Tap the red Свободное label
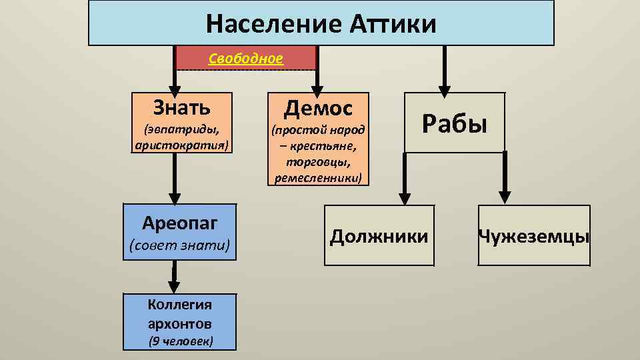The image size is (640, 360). (246, 59)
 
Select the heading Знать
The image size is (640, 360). (181, 106)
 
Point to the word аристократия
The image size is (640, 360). (182, 144)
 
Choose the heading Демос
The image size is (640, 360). (318, 107)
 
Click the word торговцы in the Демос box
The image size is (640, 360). (318, 162)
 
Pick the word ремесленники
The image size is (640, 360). (318, 178)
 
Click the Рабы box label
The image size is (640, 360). (454, 123)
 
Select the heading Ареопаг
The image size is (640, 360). (180, 222)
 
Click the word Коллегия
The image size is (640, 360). (180, 305)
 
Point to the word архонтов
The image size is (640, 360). (180, 323)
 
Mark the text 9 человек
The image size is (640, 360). (180, 342)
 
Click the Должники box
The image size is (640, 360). (379, 235)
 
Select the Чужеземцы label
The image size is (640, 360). (533, 236)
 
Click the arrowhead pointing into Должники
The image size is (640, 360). (405, 197)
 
